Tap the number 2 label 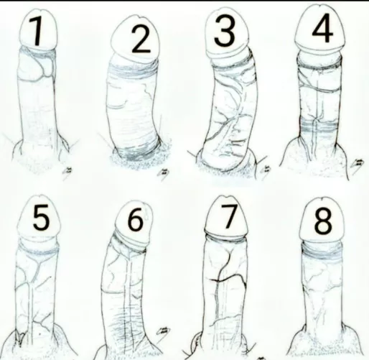(x=141, y=42)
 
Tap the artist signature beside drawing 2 (x=164, y=173)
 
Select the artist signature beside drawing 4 (x=357, y=165)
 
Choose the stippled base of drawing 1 (x=43, y=162)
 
